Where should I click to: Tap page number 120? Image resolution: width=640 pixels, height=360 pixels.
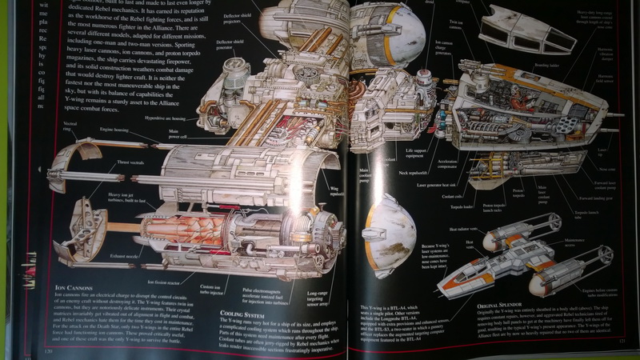pyautogui.click(x=48, y=350)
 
